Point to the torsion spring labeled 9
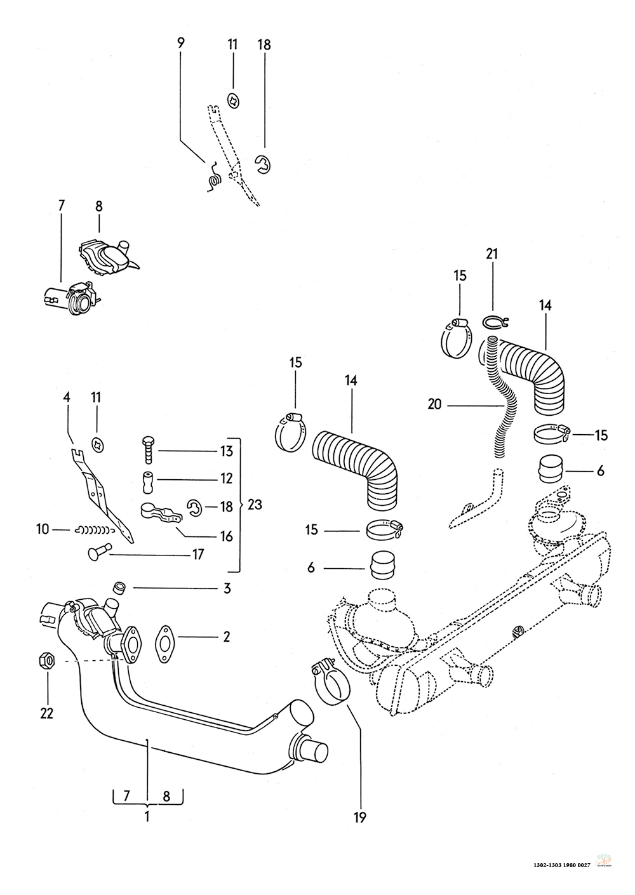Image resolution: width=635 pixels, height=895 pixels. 213,176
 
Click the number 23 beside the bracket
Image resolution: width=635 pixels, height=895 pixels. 254,506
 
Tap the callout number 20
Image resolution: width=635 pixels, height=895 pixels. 435,404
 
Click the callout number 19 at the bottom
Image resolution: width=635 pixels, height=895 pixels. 360,818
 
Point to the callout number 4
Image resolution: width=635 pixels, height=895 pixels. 67,397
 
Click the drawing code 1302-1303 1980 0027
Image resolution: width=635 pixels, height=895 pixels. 563,865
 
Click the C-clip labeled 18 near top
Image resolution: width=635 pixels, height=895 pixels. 262,164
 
